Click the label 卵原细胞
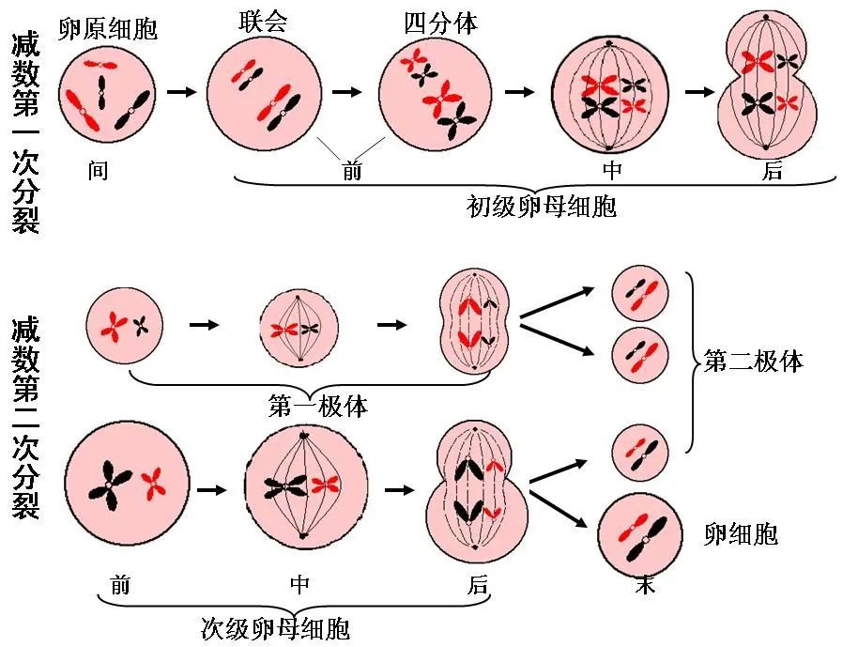click(x=108, y=28)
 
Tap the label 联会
click(x=263, y=23)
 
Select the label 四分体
click(x=441, y=23)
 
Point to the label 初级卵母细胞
click(x=542, y=207)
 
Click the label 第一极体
click(x=318, y=407)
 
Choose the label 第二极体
click(x=754, y=362)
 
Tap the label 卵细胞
click(x=741, y=533)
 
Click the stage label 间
click(x=98, y=171)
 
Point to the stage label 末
click(x=645, y=585)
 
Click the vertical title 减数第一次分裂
click(x=25, y=133)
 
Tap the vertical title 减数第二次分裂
click(x=25, y=418)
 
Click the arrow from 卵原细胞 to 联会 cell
click(x=182, y=91)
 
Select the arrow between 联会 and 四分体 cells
click(x=347, y=91)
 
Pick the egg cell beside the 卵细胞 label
click(x=640, y=535)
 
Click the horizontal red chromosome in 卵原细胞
click(x=100, y=65)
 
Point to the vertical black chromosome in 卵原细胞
click(x=101, y=92)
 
